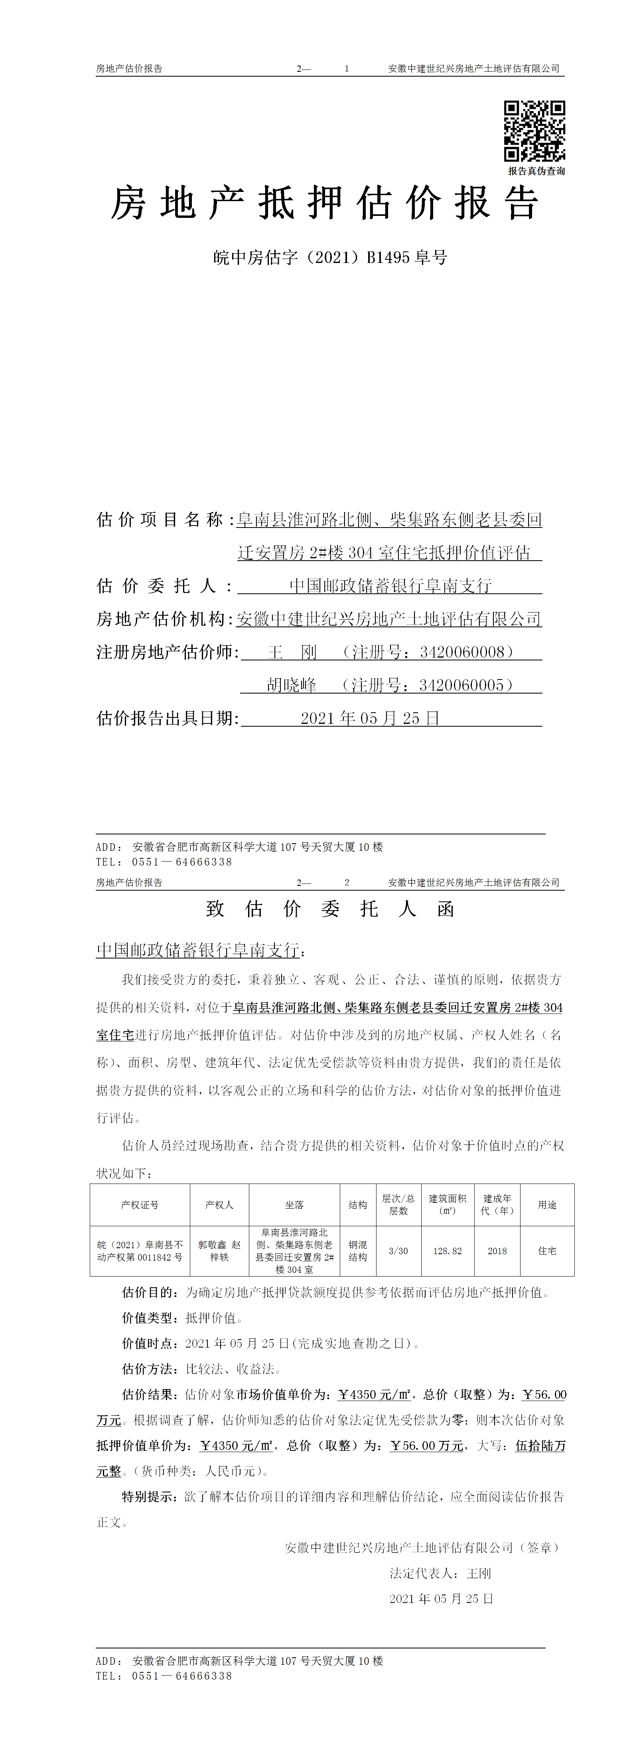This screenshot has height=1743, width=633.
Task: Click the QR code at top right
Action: pos(534,130)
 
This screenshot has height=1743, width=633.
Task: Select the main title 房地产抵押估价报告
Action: pos(325,204)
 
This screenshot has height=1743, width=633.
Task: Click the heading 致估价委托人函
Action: pos(330,909)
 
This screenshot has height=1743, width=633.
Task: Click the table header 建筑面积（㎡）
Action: pos(447,1204)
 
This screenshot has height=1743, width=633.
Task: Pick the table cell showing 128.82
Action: pos(447,1251)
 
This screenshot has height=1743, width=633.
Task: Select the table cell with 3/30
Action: pos(398,1251)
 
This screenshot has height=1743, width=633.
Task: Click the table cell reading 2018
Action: pos(497,1251)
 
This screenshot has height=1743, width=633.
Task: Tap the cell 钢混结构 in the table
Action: pos(358,1251)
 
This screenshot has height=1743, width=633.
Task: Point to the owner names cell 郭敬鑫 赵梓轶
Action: pos(219,1251)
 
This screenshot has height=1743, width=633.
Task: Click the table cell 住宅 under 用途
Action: pos(547,1251)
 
